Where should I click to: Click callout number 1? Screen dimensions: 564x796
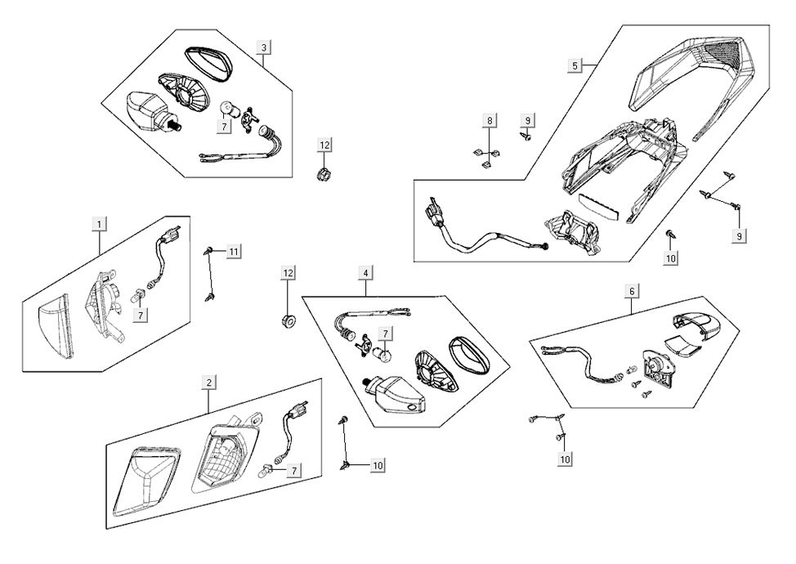point(99,223)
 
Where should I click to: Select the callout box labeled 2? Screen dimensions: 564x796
point(209,383)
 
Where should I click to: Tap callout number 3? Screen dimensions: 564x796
point(263,47)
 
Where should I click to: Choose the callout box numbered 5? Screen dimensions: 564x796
point(575,65)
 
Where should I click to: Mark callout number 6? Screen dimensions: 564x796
point(631,290)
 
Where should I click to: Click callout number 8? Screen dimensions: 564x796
point(490,121)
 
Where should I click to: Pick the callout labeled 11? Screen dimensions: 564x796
point(234,252)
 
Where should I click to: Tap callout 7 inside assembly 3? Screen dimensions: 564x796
point(223,128)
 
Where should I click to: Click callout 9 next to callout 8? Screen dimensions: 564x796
point(527,121)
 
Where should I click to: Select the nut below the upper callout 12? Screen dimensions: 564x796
point(324,172)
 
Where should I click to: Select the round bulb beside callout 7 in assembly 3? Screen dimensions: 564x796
point(231,109)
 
